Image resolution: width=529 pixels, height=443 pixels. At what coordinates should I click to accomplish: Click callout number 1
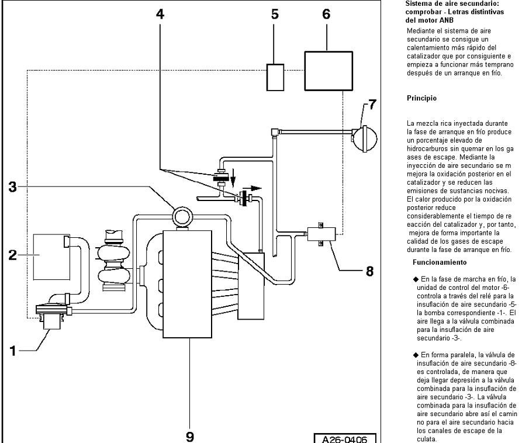click(13, 351)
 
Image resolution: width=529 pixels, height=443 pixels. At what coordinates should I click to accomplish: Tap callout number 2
click(12, 255)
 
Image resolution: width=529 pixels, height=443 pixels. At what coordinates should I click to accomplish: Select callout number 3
click(12, 186)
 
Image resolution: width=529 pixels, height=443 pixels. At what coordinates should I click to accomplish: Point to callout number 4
click(160, 14)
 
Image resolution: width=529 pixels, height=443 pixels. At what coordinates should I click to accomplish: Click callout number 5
click(275, 14)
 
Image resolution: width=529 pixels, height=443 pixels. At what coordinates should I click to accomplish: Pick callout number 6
click(326, 14)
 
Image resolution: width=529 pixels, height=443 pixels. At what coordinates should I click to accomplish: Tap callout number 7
click(372, 105)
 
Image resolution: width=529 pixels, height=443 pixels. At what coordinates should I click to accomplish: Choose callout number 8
click(370, 271)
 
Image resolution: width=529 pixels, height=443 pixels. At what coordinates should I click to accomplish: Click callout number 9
click(190, 436)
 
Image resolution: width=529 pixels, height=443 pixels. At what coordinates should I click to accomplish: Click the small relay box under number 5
click(275, 77)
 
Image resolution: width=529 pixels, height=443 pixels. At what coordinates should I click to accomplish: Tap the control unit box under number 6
click(329, 71)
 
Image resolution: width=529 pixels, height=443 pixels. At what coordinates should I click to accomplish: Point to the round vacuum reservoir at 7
click(364, 139)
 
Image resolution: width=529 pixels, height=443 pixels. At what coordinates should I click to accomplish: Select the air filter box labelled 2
click(51, 257)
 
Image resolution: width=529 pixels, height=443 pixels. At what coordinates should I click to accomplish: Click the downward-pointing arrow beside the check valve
click(233, 178)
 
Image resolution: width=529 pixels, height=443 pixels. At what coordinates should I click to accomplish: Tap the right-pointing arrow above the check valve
click(253, 188)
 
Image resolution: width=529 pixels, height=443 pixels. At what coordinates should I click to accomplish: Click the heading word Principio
click(421, 98)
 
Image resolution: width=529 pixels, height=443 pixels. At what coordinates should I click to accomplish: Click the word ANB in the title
click(447, 20)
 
